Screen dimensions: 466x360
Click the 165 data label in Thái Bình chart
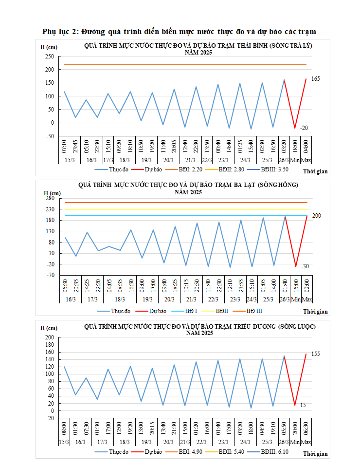point(316,79)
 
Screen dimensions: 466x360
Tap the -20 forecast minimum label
point(304,128)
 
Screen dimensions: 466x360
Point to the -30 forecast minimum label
point(305,266)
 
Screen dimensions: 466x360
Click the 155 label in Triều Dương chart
point(316,354)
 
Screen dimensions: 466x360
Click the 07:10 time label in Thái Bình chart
point(64,145)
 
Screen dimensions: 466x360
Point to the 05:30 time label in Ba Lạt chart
point(65,286)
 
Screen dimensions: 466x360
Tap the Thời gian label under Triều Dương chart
point(315,454)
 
